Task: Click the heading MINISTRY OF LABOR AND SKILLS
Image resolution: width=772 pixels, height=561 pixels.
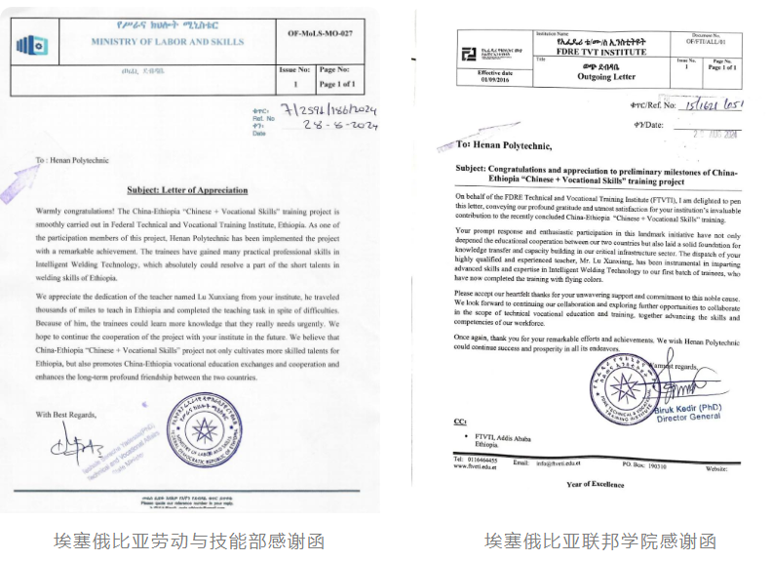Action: click(169, 42)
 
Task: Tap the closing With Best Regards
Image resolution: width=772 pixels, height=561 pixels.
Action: click(67, 415)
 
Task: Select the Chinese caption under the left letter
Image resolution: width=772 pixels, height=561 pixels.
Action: click(188, 540)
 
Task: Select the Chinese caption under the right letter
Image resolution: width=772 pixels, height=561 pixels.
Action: click(600, 540)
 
